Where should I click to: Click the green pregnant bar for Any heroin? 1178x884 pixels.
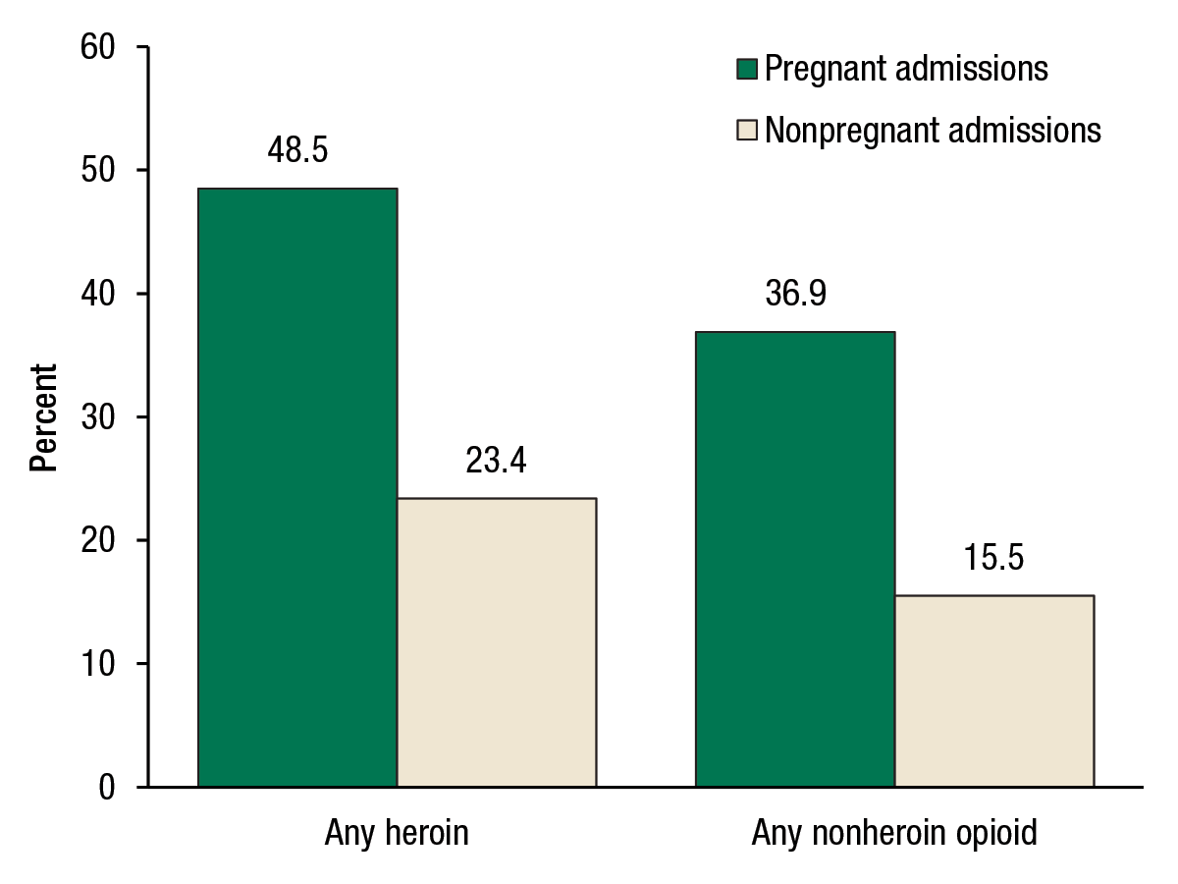click(x=297, y=487)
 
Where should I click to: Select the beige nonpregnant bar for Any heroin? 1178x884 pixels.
click(x=497, y=642)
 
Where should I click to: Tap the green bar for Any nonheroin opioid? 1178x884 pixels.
click(x=795, y=559)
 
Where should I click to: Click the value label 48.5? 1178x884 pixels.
click(x=297, y=151)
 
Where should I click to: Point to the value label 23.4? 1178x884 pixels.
click(x=497, y=461)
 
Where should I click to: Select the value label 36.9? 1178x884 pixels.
click(x=795, y=295)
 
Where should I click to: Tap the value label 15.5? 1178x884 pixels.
click(x=993, y=558)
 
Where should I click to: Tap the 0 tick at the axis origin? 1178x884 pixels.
click(x=108, y=788)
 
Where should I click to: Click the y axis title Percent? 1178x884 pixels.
click(x=43, y=417)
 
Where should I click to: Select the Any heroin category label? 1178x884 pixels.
click(x=397, y=834)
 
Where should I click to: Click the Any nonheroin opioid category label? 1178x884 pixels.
click(x=894, y=834)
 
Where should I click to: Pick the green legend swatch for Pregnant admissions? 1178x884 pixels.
click(x=747, y=70)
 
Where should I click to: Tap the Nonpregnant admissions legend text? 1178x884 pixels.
click(x=933, y=130)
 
